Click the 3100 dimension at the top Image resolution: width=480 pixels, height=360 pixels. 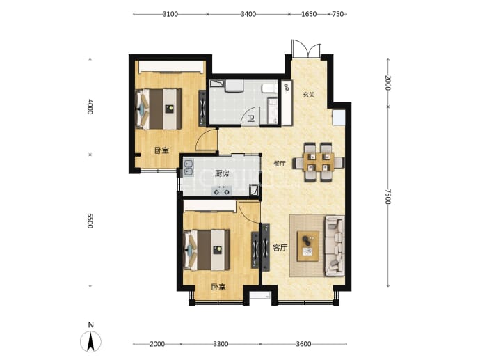point(170,14)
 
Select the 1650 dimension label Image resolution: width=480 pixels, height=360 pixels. point(309,14)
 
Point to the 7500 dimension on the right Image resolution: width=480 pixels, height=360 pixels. point(388,196)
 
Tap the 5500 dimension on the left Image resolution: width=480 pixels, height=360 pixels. point(89,220)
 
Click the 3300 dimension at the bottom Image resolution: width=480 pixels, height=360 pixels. point(221,344)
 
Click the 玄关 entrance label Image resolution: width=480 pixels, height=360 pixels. point(309,95)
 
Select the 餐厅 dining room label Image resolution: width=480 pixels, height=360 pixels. point(279,164)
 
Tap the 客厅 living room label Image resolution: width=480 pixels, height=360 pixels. point(280,248)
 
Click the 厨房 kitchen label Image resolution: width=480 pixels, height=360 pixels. point(222,173)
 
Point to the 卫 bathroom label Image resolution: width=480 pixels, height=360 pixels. point(251,118)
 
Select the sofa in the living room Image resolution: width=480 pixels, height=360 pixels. point(335,245)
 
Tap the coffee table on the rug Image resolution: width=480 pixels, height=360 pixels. point(308,246)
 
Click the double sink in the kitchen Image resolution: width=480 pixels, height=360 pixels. point(188,169)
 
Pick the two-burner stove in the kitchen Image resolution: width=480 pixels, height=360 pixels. point(222,191)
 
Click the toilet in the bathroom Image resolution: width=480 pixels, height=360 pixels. point(269,88)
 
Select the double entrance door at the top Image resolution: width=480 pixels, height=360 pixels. point(306,49)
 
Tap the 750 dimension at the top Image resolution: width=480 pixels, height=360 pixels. point(337,14)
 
